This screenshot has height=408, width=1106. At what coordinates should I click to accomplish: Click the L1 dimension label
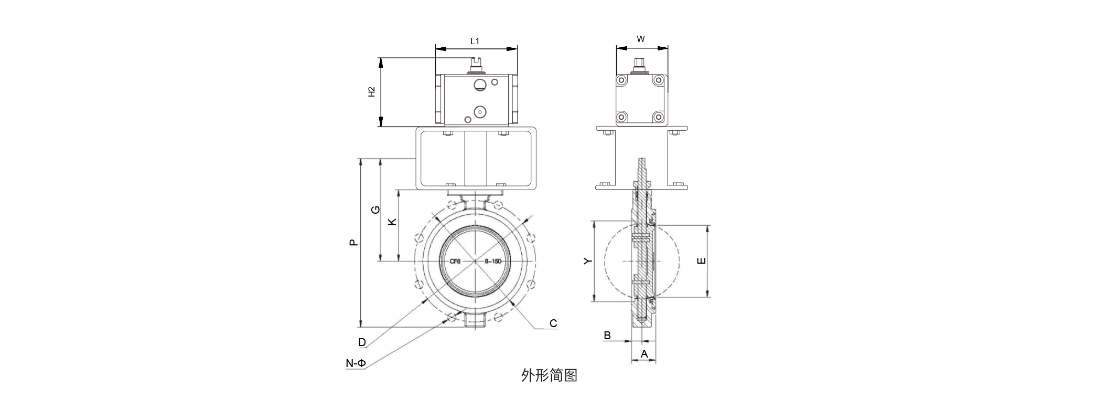475,41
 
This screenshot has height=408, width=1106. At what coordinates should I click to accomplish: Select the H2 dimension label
371,92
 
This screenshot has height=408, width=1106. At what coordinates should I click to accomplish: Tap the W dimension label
640,39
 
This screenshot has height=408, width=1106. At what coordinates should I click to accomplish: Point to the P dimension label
354,243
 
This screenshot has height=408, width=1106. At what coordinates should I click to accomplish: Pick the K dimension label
392,222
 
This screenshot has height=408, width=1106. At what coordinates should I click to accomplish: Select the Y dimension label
588,261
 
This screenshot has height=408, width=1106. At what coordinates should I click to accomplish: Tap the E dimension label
702,261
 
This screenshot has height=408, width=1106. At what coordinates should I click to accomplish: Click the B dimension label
607,336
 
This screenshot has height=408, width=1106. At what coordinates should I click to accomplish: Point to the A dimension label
645,354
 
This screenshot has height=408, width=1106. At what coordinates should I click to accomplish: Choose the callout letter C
553,323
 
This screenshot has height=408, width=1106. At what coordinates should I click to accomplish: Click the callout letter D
362,343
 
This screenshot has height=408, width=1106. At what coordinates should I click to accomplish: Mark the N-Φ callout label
356,363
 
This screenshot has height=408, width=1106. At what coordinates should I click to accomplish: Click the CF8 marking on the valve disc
455,261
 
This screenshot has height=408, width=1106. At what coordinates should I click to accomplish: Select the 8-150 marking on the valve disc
493,261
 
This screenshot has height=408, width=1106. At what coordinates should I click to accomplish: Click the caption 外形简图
549,375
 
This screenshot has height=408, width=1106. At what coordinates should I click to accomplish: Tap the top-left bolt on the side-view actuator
622,80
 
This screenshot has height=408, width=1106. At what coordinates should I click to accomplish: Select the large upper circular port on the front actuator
480,85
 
